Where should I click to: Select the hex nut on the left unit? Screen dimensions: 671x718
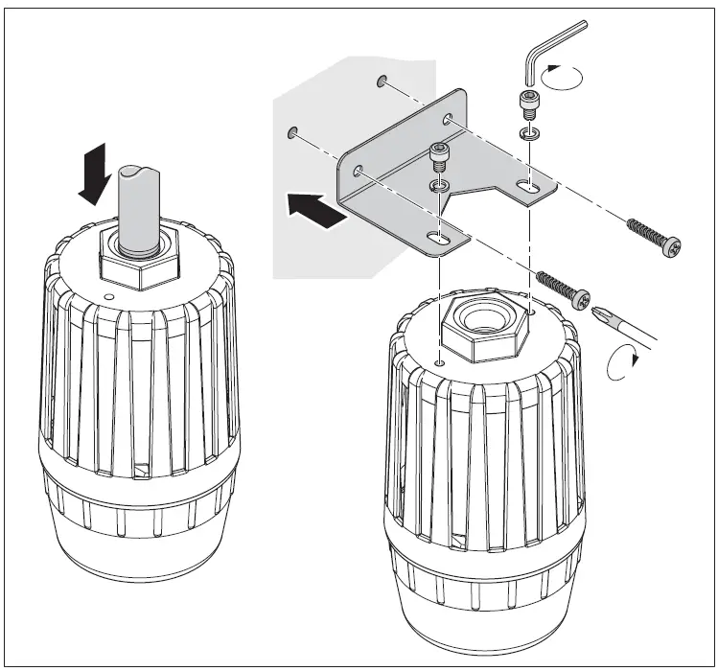tap(141, 268)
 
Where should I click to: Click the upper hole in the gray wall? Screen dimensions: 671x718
tap(382, 81)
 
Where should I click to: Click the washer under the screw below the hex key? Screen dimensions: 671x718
tap(526, 130)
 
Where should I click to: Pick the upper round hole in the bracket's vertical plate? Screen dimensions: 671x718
tap(448, 120)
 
